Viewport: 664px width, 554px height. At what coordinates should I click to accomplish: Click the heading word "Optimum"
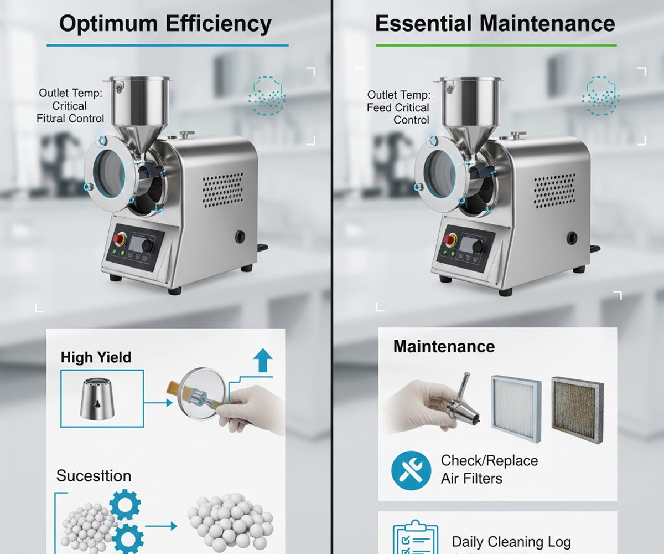[108, 24]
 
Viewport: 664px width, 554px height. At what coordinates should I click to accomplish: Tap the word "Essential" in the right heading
[423, 24]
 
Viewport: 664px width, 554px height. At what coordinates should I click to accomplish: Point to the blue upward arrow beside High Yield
[263, 360]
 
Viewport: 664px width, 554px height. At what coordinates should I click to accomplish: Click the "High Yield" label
[96, 357]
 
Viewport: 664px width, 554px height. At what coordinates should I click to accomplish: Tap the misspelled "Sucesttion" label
[94, 476]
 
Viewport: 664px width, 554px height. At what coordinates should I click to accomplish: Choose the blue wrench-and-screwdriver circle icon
[411, 470]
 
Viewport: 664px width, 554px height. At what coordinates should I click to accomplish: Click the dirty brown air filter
[578, 410]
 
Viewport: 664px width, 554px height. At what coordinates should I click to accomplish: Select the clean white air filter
[516, 409]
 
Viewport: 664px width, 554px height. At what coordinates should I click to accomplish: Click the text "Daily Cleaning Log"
[511, 542]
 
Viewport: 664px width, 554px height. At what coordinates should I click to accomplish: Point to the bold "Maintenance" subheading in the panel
[444, 346]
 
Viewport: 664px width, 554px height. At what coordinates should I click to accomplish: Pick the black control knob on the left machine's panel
[147, 246]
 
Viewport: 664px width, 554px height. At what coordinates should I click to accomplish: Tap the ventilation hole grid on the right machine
[554, 191]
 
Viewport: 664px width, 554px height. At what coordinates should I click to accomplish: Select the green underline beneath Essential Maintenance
[496, 45]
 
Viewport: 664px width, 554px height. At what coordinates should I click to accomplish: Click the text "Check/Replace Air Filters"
[489, 469]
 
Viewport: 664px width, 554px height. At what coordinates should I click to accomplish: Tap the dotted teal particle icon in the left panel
[267, 95]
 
